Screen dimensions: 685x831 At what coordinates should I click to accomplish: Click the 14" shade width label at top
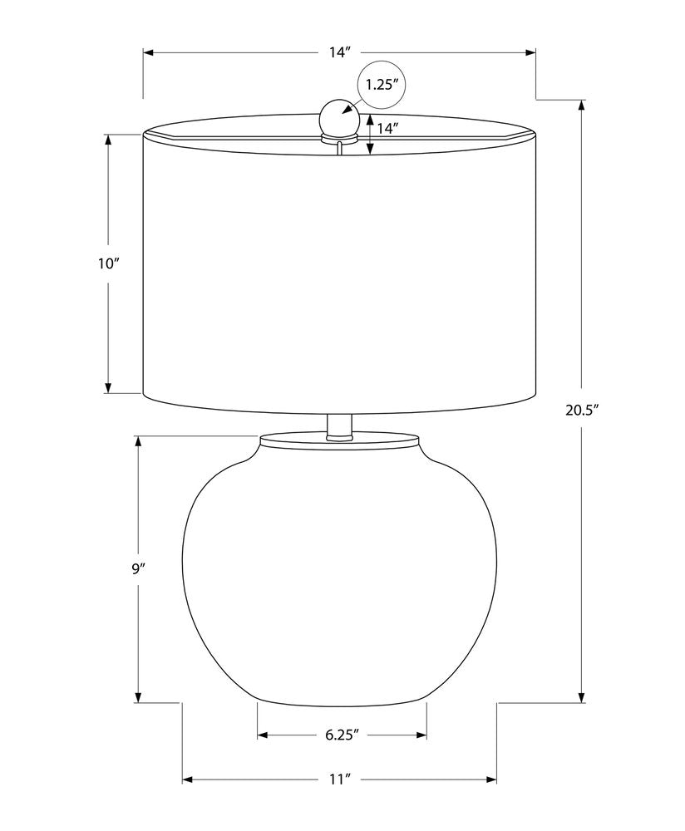pos(339,52)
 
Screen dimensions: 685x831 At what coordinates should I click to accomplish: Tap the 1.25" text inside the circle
pos(382,85)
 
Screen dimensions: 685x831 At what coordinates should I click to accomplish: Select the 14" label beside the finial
pos(387,128)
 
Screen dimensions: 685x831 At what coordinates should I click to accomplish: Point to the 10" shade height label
pos(109,264)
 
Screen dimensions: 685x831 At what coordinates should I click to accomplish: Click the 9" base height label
pos(138,569)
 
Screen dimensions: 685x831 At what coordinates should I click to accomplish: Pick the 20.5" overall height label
pos(582,410)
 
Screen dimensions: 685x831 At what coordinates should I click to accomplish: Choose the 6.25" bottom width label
pos(342,735)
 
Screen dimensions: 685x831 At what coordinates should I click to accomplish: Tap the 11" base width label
pos(340,779)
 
